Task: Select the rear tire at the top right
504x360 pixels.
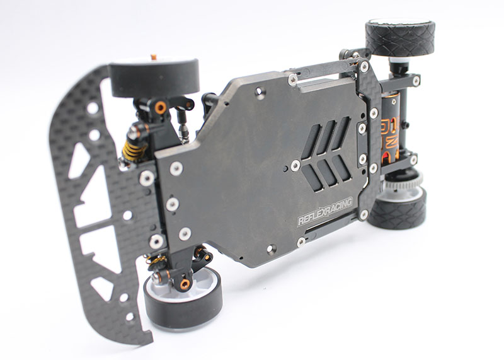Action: click(399, 37)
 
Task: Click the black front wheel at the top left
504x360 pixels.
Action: click(154, 77)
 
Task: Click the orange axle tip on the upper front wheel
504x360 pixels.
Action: click(153, 57)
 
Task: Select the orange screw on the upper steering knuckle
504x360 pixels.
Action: click(161, 107)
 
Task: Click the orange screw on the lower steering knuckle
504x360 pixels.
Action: click(185, 284)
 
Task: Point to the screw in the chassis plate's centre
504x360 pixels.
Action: click(295, 165)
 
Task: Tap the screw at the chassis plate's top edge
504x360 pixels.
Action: click(292, 79)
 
